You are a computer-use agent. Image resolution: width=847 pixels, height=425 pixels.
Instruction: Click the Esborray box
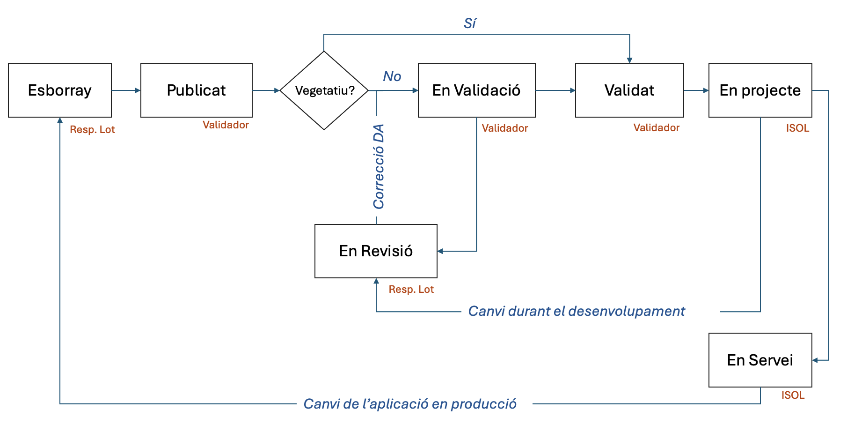60,90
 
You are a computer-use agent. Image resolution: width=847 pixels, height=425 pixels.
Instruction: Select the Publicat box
197,90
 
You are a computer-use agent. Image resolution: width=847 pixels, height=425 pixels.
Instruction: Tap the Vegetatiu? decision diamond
324,90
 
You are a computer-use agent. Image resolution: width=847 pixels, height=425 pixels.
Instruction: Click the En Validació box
476,90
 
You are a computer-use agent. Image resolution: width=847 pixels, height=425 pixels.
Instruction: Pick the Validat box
629,90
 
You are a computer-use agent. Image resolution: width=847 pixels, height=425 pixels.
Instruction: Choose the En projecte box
760,90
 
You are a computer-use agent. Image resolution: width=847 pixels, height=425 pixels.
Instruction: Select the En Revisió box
376,251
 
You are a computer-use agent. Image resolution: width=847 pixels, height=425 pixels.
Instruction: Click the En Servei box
760,360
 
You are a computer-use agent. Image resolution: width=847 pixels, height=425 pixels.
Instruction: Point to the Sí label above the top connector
470,23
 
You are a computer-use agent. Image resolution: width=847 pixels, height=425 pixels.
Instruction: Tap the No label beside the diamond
392,76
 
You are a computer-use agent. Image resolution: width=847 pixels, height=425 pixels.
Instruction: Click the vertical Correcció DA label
379,167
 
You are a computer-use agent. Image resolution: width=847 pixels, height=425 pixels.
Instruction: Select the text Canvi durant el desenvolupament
576,311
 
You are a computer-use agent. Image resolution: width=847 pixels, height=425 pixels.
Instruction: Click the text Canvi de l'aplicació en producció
410,404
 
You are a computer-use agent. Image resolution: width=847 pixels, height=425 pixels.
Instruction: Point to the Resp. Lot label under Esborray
92,130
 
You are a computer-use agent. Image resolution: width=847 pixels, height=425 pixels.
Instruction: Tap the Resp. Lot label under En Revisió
411,290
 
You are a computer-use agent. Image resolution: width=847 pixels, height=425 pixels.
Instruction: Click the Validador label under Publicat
226,125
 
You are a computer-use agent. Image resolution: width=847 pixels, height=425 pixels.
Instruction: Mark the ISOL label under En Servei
793,395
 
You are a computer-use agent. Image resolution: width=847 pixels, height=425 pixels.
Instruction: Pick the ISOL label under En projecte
797,128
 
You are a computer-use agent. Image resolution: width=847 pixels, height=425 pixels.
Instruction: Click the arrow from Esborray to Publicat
126,90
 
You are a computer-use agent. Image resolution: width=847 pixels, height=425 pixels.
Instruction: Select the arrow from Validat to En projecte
696,90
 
